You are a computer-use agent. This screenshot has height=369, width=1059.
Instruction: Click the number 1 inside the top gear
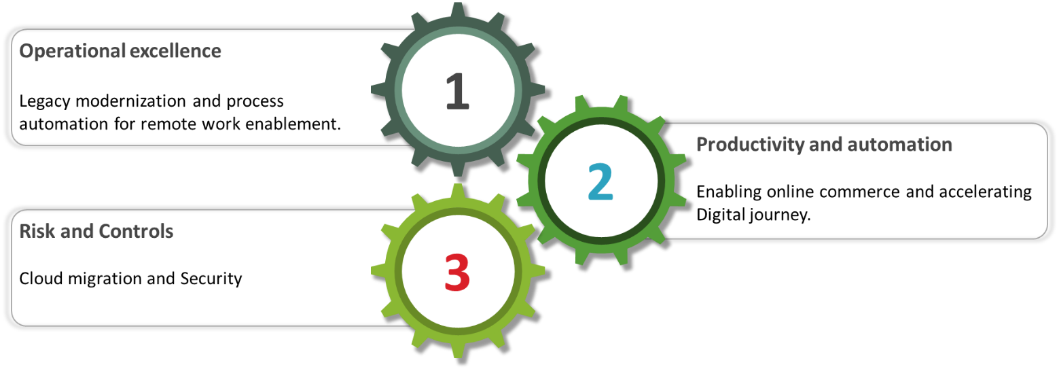click(x=457, y=92)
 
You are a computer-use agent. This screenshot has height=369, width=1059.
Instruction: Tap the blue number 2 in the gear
click(x=600, y=182)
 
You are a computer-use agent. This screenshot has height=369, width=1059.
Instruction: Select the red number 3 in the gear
click(x=457, y=273)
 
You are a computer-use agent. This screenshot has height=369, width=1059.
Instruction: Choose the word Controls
click(x=136, y=232)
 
